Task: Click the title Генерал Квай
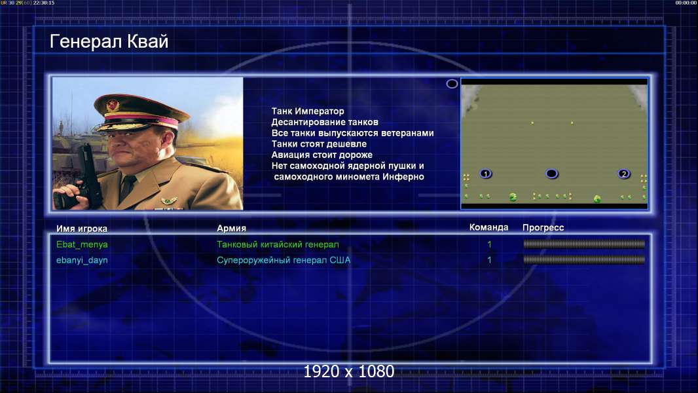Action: (x=109, y=42)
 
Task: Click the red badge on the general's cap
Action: (x=113, y=105)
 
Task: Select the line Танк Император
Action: (x=308, y=111)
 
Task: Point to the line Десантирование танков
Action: (x=325, y=122)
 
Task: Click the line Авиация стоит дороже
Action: (x=322, y=155)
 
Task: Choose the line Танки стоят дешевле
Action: (x=319, y=143)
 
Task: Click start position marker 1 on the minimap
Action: (x=486, y=174)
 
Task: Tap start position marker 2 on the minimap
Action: (x=624, y=174)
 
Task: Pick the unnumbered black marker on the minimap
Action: (x=551, y=174)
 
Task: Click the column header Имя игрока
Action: (x=82, y=229)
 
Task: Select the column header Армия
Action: (x=232, y=229)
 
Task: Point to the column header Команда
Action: (x=488, y=227)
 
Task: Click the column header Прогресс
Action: (x=543, y=228)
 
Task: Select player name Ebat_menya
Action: (x=82, y=244)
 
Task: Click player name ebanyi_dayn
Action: (x=82, y=261)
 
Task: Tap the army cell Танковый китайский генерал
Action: (x=278, y=244)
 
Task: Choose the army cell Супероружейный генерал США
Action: (x=284, y=260)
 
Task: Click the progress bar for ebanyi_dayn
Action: (x=584, y=259)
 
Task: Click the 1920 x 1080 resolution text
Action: (x=349, y=371)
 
